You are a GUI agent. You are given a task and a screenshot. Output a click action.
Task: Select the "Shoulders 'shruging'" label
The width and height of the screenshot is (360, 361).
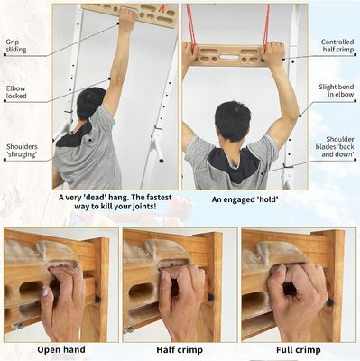22,150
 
